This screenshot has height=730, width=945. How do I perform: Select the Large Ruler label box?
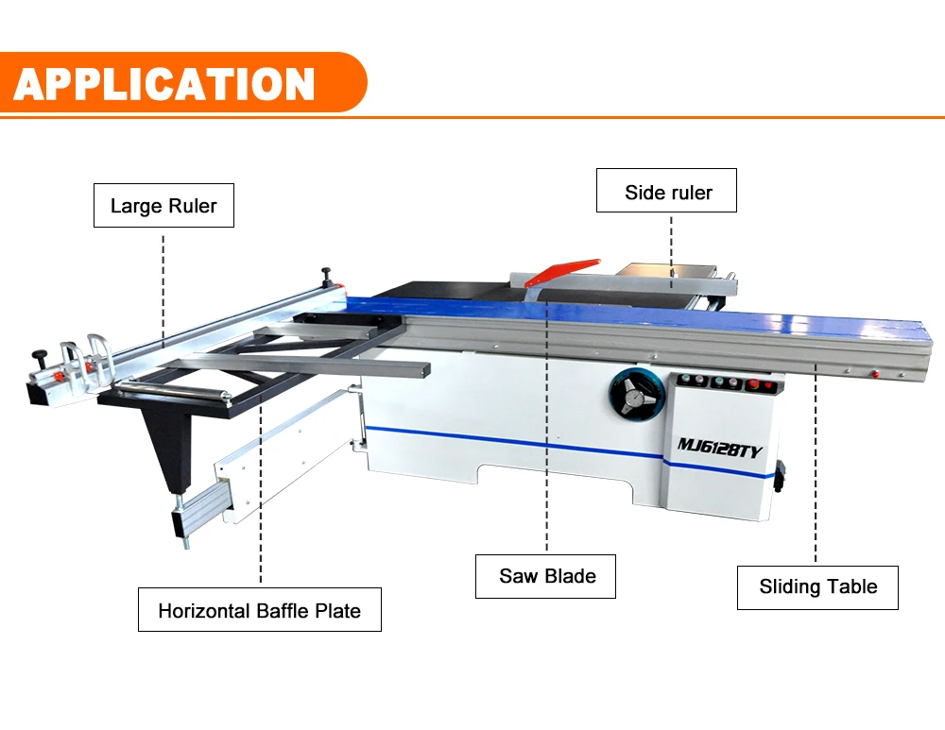coord(163,206)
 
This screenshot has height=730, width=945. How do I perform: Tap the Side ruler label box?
coord(667,193)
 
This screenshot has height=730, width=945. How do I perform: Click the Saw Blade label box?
coord(546,576)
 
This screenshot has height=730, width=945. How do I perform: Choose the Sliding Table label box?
coord(817,586)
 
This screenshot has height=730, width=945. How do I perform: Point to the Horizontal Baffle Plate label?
coord(259,610)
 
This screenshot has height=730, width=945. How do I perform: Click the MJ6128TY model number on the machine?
coord(718,450)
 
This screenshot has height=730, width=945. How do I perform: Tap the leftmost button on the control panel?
coord(686,381)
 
